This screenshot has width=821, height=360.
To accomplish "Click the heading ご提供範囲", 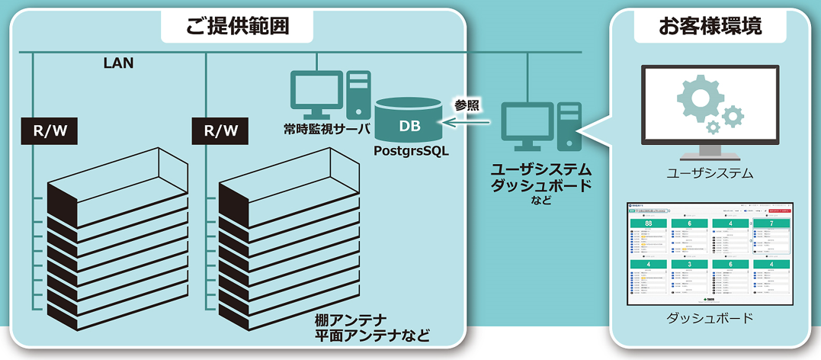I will click(x=238, y=27).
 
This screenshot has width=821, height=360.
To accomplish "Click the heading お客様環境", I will click(x=710, y=27).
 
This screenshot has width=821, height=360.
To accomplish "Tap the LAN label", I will click(x=118, y=63).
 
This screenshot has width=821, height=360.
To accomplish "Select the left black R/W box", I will click(x=50, y=131).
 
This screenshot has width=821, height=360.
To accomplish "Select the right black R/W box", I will click(x=220, y=131).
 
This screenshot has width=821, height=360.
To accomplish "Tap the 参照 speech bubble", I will click(x=467, y=104).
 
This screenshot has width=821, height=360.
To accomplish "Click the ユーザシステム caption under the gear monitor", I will click(x=710, y=174).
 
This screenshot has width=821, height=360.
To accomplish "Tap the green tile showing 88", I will click(x=648, y=223).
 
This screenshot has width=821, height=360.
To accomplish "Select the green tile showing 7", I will click(x=771, y=223).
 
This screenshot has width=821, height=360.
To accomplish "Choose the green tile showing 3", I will click(x=689, y=264).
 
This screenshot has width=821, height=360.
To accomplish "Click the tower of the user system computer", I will click(x=569, y=127).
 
